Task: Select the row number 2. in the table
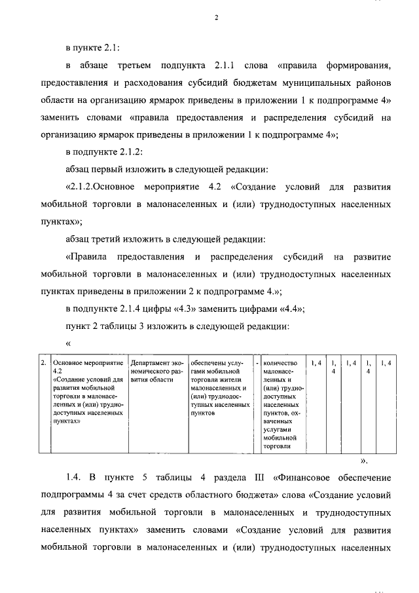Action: [x=43, y=362]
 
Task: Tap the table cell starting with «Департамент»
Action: [x=157, y=370]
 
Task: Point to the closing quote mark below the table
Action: [x=364, y=461]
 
